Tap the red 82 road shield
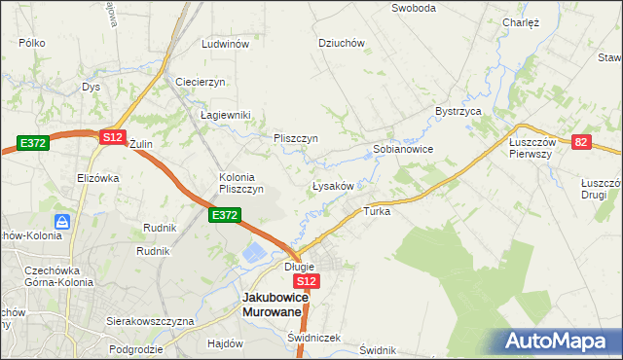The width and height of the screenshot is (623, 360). (x=581, y=142)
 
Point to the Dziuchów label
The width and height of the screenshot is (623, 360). (x=341, y=43)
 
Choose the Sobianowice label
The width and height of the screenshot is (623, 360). (x=403, y=150)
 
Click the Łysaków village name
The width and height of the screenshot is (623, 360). (x=337, y=185)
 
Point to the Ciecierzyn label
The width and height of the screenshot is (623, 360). (x=201, y=81)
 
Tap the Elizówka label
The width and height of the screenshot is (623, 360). (x=97, y=178)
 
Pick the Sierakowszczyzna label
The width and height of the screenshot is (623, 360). (x=150, y=321)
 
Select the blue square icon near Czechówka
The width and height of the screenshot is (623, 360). (x=61, y=223)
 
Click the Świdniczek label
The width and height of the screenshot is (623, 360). (x=313, y=338)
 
